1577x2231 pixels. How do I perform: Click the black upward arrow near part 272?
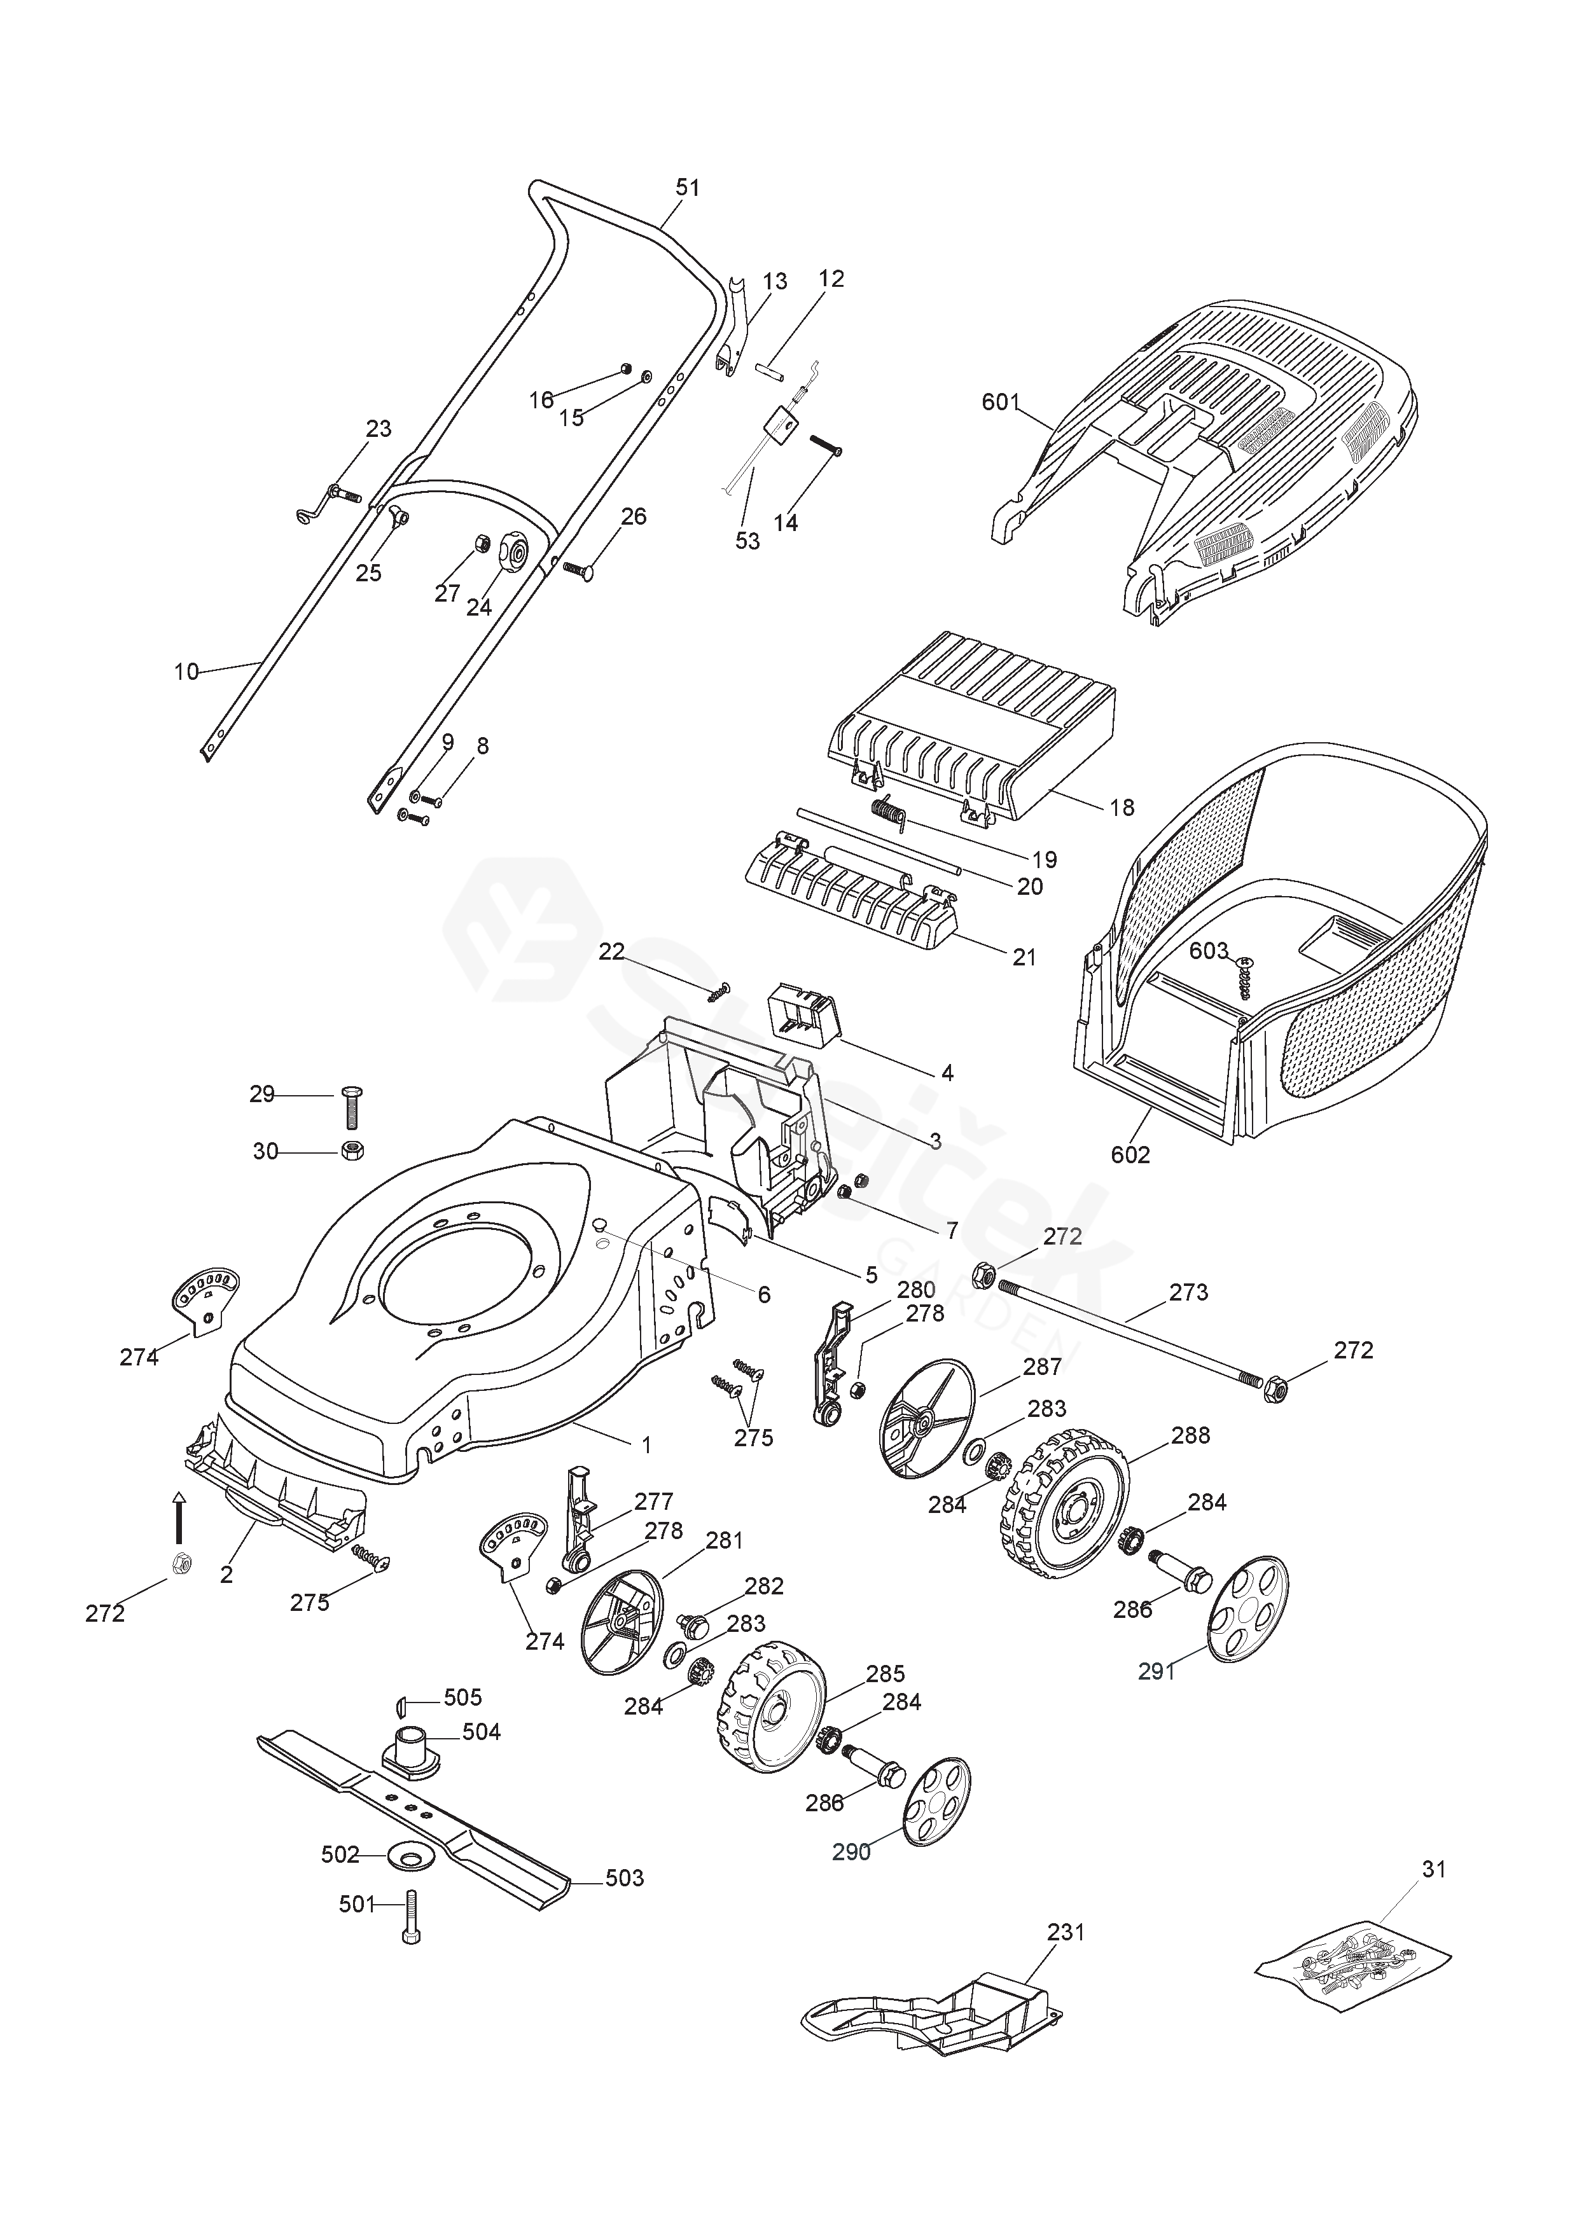point(178,1517)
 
